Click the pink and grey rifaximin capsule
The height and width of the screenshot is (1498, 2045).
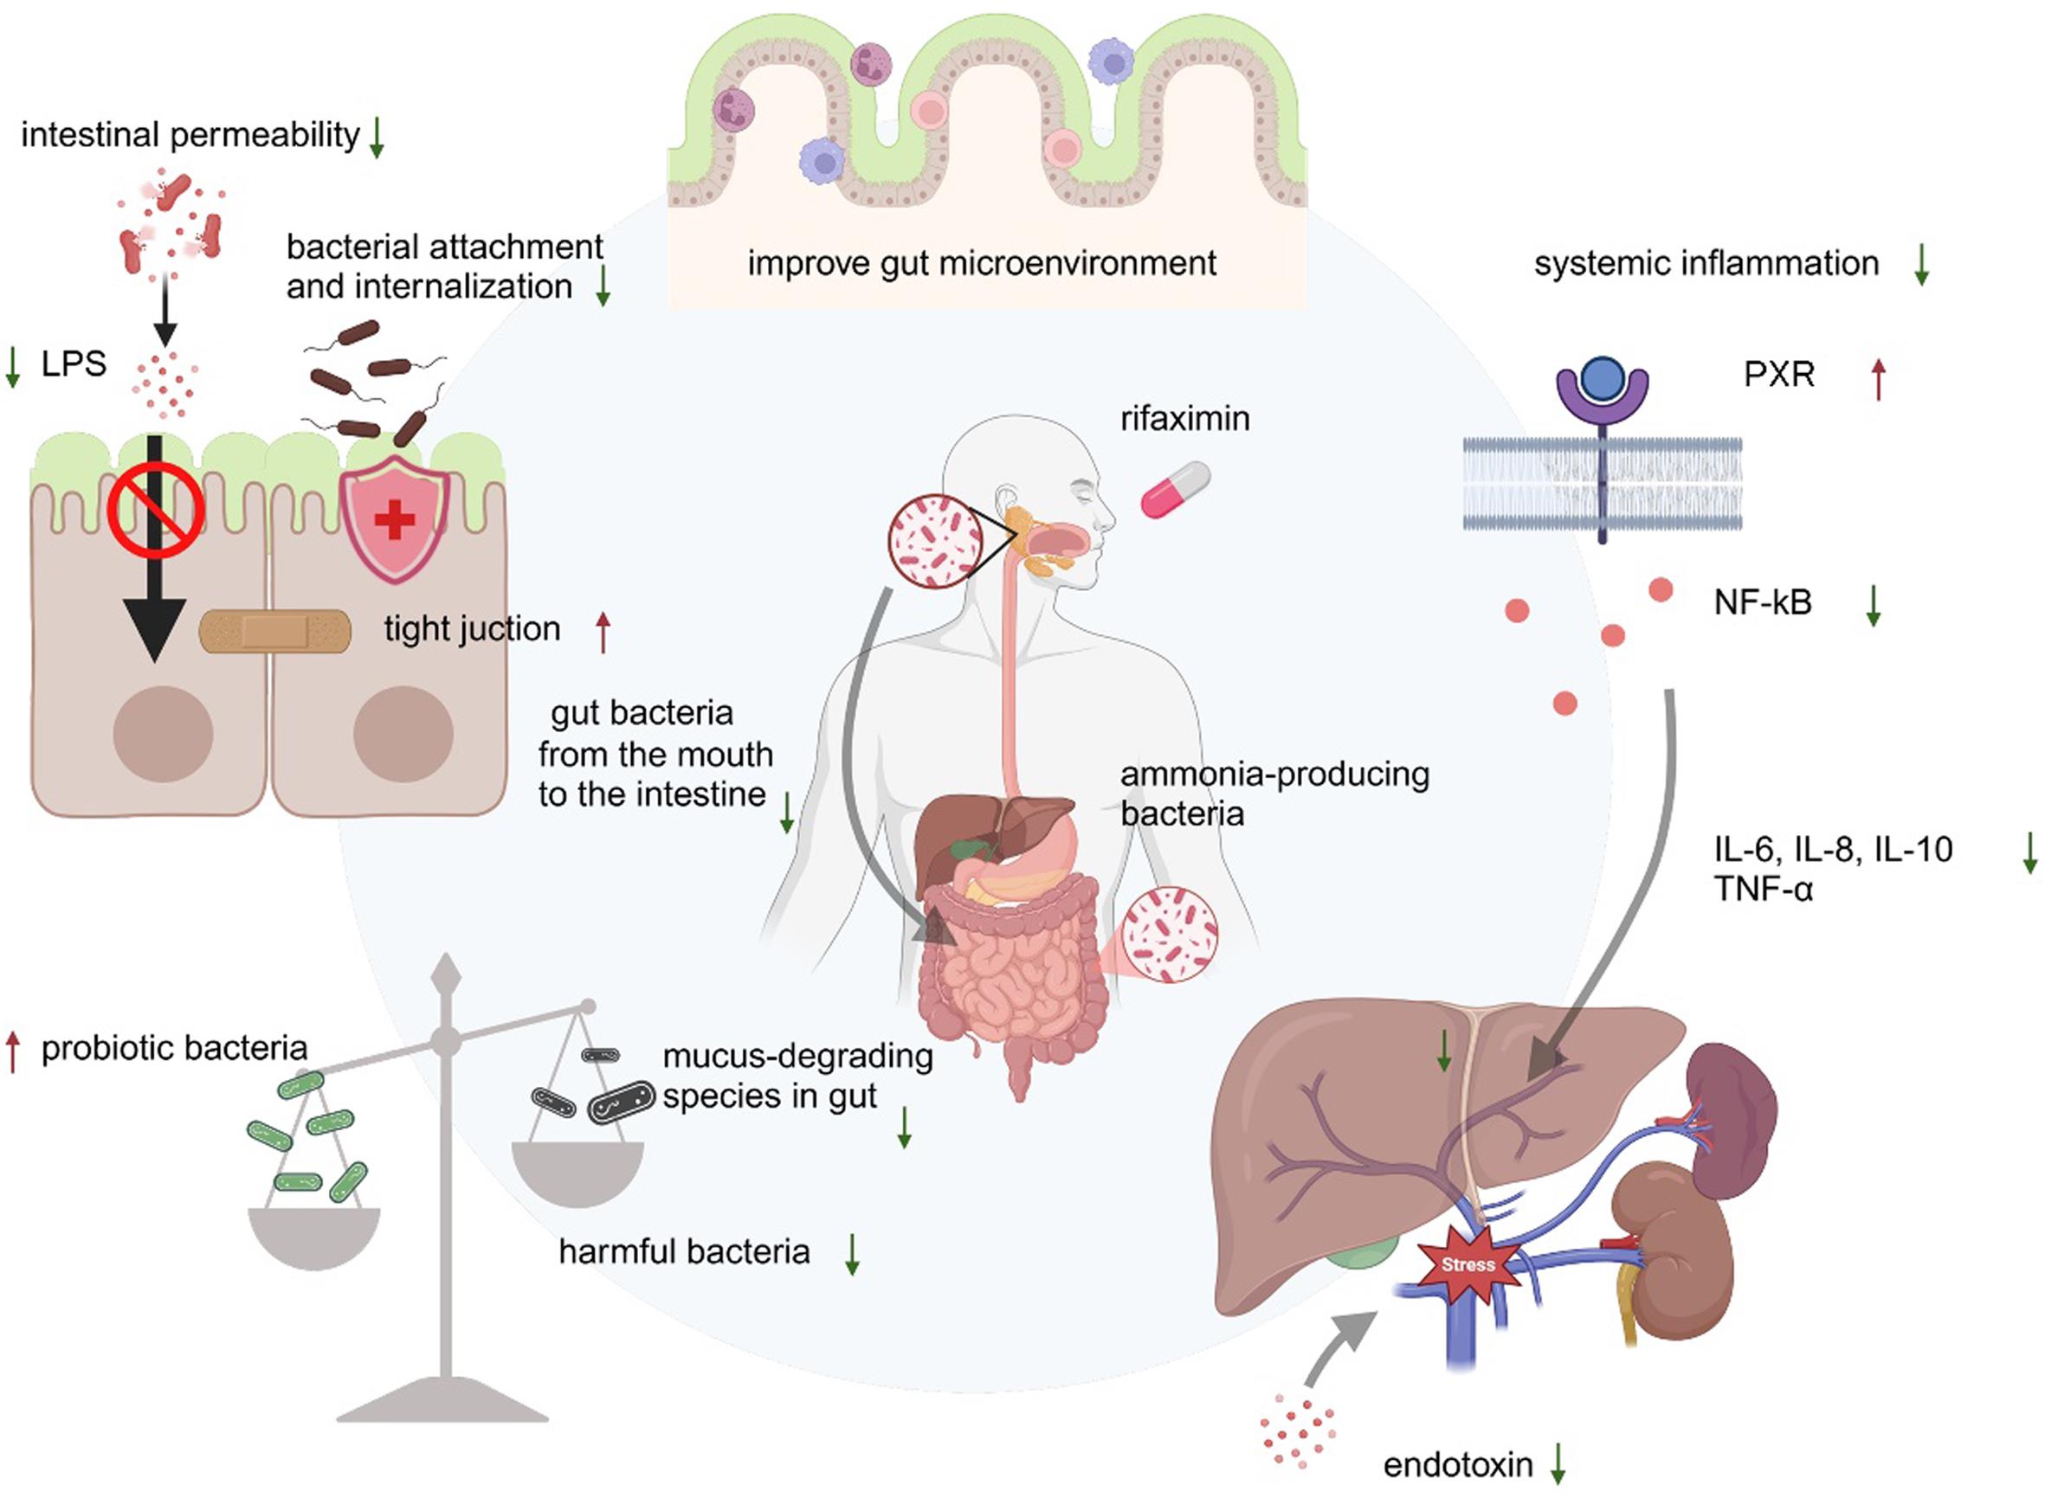pyautogui.click(x=1175, y=491)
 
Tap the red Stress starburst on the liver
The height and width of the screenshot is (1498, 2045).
pyautogui.click(x=1467, y=1265)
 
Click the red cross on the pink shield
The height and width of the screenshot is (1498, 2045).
pyautogui.click(x=395, y=519)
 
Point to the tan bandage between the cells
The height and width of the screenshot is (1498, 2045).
pyautogui.click(x=275, y=631)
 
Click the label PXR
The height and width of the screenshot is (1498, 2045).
pyautogui.click(x=1778, y=375)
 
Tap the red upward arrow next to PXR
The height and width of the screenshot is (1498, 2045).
pyautogui.click(x=1879, y=379)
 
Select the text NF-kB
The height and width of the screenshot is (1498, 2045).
pyautogui.click(x=1762, y=602)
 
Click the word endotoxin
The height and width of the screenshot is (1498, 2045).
pyautogui.click(x=1457, y=1465)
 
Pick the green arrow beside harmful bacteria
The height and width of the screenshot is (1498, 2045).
pyautogui.click(x=852, y=1253)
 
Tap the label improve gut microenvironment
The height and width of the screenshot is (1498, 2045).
pyautogui.click(x=981, y=264)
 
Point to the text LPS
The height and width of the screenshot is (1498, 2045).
pyautogui.click(x=74, y=364)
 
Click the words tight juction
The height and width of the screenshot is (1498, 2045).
pyautogui.click(x=472, y=629)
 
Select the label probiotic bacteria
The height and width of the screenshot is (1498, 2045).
pyautogui.click(x=174, y=1048)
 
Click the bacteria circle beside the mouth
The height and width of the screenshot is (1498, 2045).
pyautogui.click(x=934, y=542)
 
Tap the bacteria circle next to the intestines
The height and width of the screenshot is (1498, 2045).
pyautogui.click(x=1169, y=935)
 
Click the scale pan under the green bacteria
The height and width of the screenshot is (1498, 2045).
pyautogui.click(x=314, y=1237)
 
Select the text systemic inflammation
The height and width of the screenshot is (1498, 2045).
pyautogui.click(x=1706, y=264)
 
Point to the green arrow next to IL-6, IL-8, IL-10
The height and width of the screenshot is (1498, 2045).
pyautogui.click(x=2029, y=853)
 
